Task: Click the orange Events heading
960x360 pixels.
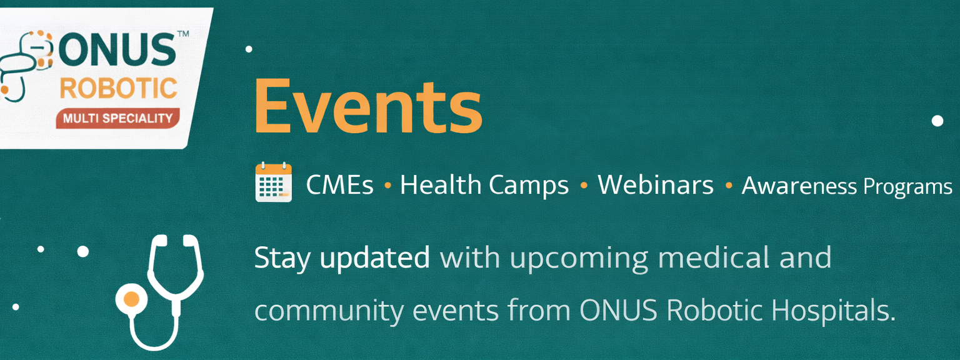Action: click(369, 107)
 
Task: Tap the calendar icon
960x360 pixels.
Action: click(273, 182)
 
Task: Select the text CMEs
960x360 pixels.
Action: click(339, 185)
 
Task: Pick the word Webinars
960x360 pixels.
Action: click(656, 185)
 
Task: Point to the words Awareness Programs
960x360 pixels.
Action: click(847, 186)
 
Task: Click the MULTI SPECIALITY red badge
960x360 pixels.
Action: click(118, 118)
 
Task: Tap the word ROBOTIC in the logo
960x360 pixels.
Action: click(118, 88)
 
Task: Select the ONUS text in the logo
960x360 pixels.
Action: click(117, 50)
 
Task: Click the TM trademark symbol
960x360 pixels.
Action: click(183, 34)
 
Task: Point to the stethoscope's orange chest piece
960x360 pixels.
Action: click(131, 299)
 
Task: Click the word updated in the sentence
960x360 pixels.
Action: click(375, 258)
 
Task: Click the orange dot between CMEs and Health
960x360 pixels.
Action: click(388, 186)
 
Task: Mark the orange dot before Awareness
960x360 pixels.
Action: click(729, 186)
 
